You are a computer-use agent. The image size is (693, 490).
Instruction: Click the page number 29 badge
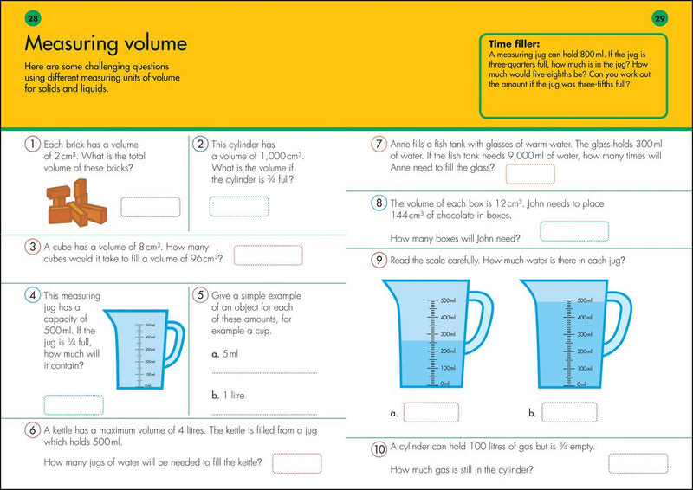tap(659, 18)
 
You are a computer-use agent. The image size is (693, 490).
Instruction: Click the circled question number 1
tap(32, 144)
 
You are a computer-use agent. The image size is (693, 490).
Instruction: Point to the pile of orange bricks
tap(74, 199)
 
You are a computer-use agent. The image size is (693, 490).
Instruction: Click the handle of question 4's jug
tap(174, 345)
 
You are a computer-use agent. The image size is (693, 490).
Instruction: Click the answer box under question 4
tap(74, 404)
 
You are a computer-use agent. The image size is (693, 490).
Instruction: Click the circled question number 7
tap(378, 144)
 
